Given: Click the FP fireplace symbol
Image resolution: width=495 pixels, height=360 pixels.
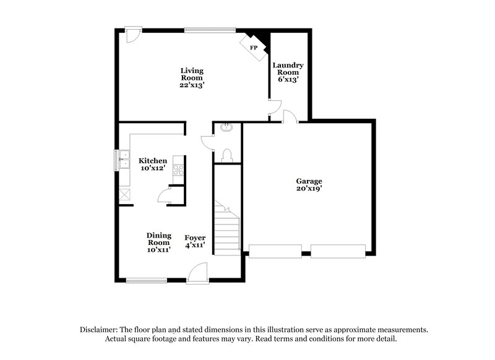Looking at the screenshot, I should click(x=254, y=47).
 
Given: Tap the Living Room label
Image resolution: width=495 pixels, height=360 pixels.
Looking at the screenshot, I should click(x=192, y=78).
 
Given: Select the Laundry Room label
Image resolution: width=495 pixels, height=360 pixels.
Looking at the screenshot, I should click(x=289, y=72).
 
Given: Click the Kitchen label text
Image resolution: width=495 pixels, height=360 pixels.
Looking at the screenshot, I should click(x=152, y=164).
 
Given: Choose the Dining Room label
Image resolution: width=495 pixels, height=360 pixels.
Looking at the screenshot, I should click(x=159, y=242).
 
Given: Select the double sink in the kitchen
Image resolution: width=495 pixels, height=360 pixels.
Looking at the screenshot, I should click(x=123, y=160).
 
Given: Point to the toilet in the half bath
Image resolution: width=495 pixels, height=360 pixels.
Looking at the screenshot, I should click(x=226, y=154).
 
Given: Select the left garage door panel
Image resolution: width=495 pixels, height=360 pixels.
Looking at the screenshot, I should click(x=275, y=251).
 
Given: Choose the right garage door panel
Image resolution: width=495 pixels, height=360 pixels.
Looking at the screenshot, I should click(x=338, y=251).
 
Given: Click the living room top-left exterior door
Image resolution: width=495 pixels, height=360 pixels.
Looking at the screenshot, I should click(x=132, y=33).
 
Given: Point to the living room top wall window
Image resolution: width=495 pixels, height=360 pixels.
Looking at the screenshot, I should click(x=210, y=28).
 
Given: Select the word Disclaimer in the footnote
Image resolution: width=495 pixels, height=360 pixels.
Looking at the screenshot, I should click(x=100, y=330).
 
